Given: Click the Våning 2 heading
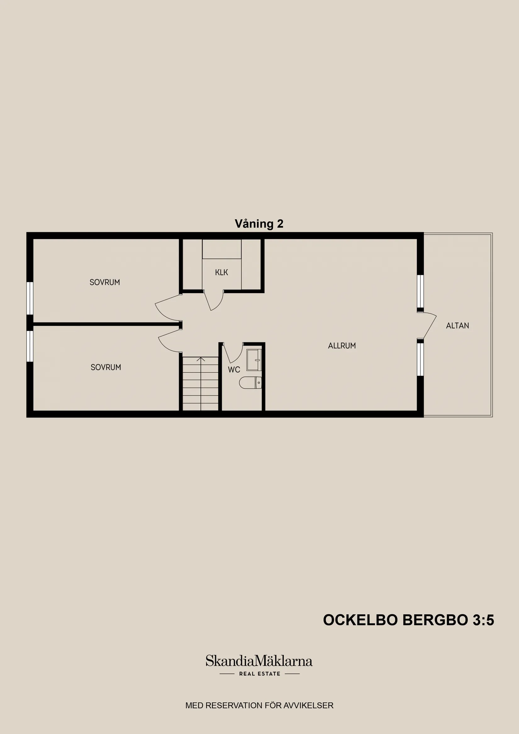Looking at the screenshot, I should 259,224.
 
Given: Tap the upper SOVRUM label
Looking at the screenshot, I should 104,282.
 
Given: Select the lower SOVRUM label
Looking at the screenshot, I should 106,367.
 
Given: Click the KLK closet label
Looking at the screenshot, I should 222,272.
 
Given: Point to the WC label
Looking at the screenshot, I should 234,370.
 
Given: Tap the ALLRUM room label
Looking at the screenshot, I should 342,346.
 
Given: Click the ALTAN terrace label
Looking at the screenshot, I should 457,326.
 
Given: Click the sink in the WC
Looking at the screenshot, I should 254,360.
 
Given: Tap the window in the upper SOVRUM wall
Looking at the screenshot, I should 30,298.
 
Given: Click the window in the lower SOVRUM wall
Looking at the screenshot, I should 30,346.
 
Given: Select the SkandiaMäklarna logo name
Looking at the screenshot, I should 259,661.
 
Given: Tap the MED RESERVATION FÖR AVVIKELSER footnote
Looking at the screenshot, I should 259,705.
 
